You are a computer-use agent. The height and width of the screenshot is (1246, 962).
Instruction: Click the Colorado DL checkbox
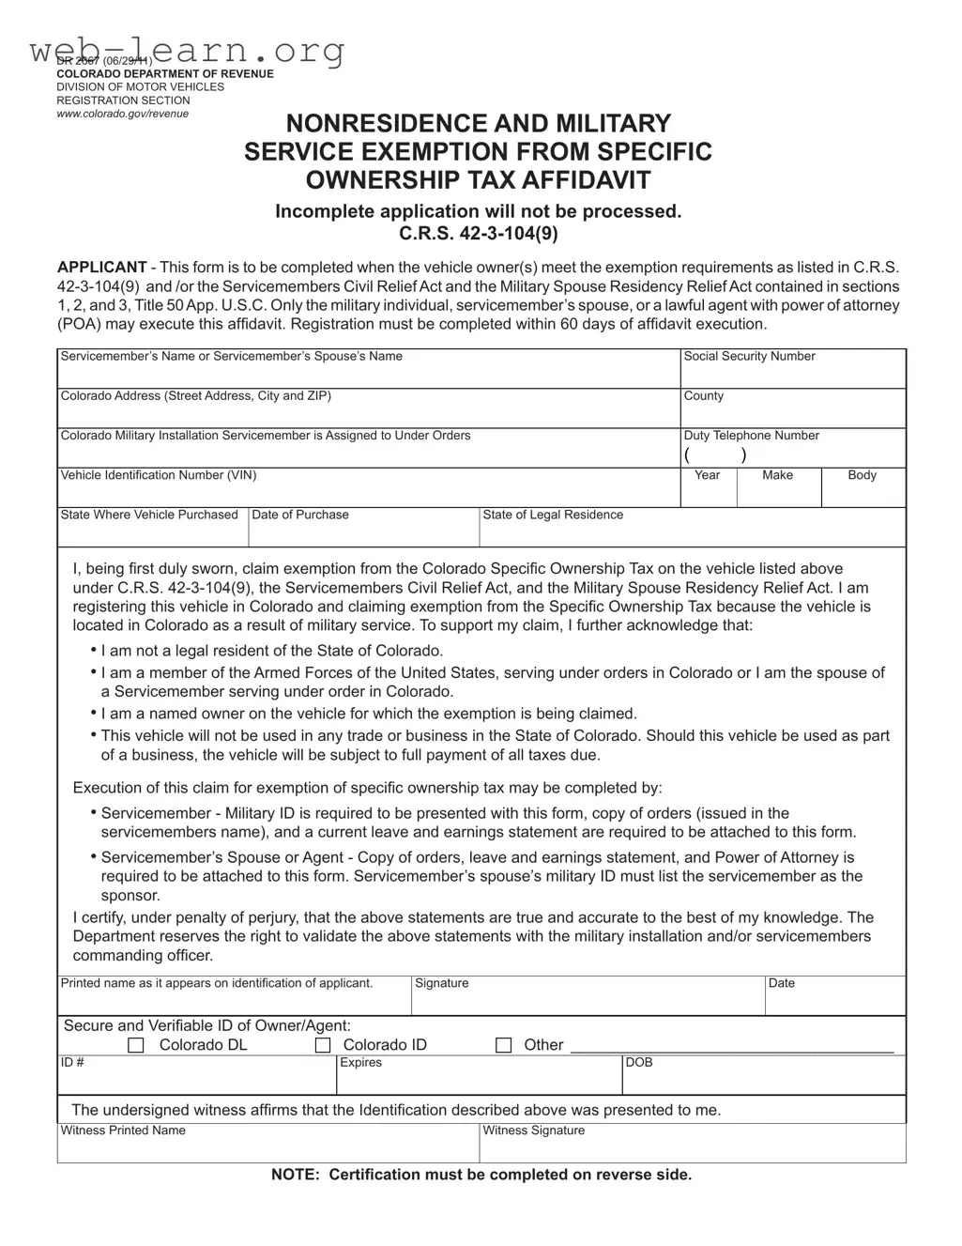(x=136, y=1045)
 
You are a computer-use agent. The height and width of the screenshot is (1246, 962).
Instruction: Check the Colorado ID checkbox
(x=323, y=1045)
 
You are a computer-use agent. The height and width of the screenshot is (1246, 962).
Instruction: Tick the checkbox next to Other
(x=504, y=1045)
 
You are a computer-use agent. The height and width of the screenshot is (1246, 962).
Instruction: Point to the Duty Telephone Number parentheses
(x=715, y=455)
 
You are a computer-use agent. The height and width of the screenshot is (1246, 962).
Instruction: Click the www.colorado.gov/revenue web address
(x=122, y=114)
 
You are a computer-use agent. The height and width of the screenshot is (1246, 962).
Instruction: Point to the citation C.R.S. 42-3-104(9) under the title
(x=478, y=234)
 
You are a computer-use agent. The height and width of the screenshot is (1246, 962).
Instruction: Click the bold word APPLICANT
(x=101, y=268)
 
